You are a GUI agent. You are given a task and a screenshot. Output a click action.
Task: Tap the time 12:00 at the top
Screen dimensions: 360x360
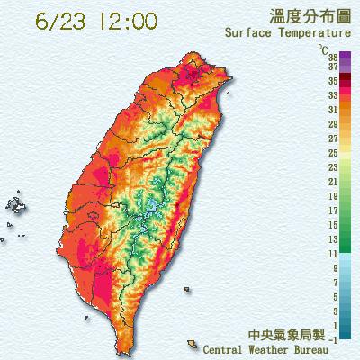(x=123, y=20)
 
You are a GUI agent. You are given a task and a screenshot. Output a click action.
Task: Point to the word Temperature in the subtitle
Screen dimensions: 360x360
(x=312, y=33)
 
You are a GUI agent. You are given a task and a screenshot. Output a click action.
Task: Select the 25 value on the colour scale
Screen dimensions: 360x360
(x=332, y=154)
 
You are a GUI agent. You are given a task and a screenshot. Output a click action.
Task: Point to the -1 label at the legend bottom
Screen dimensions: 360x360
(x=332, y=338)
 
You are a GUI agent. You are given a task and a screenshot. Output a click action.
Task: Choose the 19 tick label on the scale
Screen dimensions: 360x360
(x=332, y=196)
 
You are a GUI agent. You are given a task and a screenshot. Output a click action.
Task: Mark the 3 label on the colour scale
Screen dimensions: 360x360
(x=334, y=311)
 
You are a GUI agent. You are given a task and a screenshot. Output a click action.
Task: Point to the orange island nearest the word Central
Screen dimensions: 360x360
(x=193, y=343)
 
